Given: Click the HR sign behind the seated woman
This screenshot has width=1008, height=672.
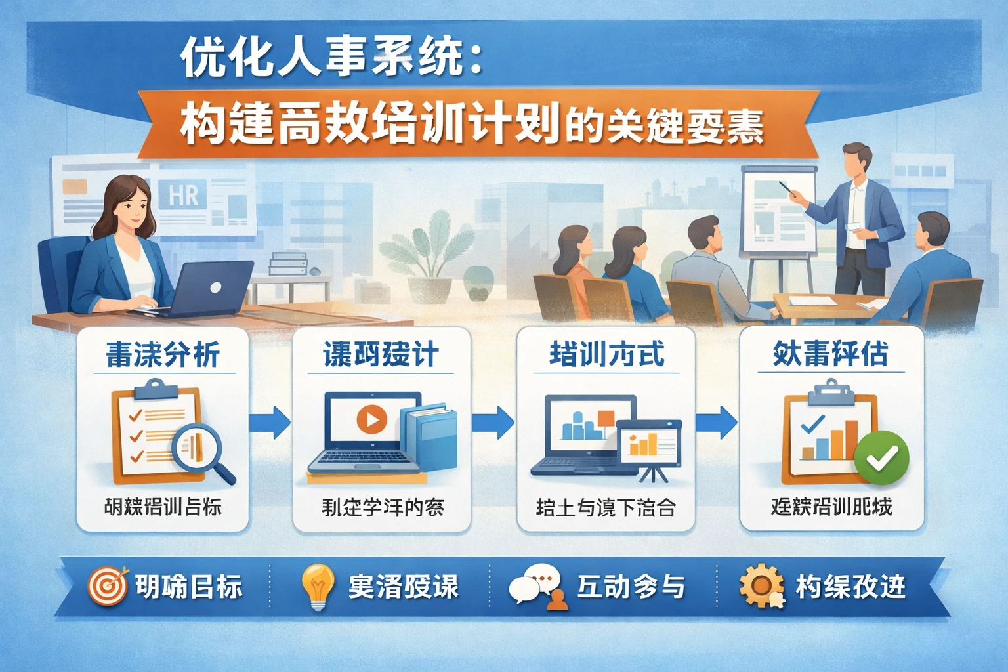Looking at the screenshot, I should [x=183, y=196].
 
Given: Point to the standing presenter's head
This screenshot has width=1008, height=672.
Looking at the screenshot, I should [x=857, y=160].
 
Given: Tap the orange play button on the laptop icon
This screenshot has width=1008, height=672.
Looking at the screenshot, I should [x=371, y=419].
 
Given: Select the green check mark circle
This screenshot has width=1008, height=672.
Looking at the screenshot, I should [x=881, y=459].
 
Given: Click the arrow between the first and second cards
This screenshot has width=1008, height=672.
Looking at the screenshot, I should [x=270, y=422].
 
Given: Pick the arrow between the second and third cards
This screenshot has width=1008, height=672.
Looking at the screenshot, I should [x=493, y=422].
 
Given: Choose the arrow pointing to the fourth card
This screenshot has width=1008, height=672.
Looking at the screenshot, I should [x=717, y=422].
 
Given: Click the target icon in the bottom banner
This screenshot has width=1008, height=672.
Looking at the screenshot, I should [x=108, y=586].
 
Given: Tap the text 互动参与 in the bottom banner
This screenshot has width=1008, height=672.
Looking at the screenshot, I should [x=631, y=586].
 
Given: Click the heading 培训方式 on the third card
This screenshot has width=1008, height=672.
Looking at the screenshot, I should [x=607, y=354].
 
